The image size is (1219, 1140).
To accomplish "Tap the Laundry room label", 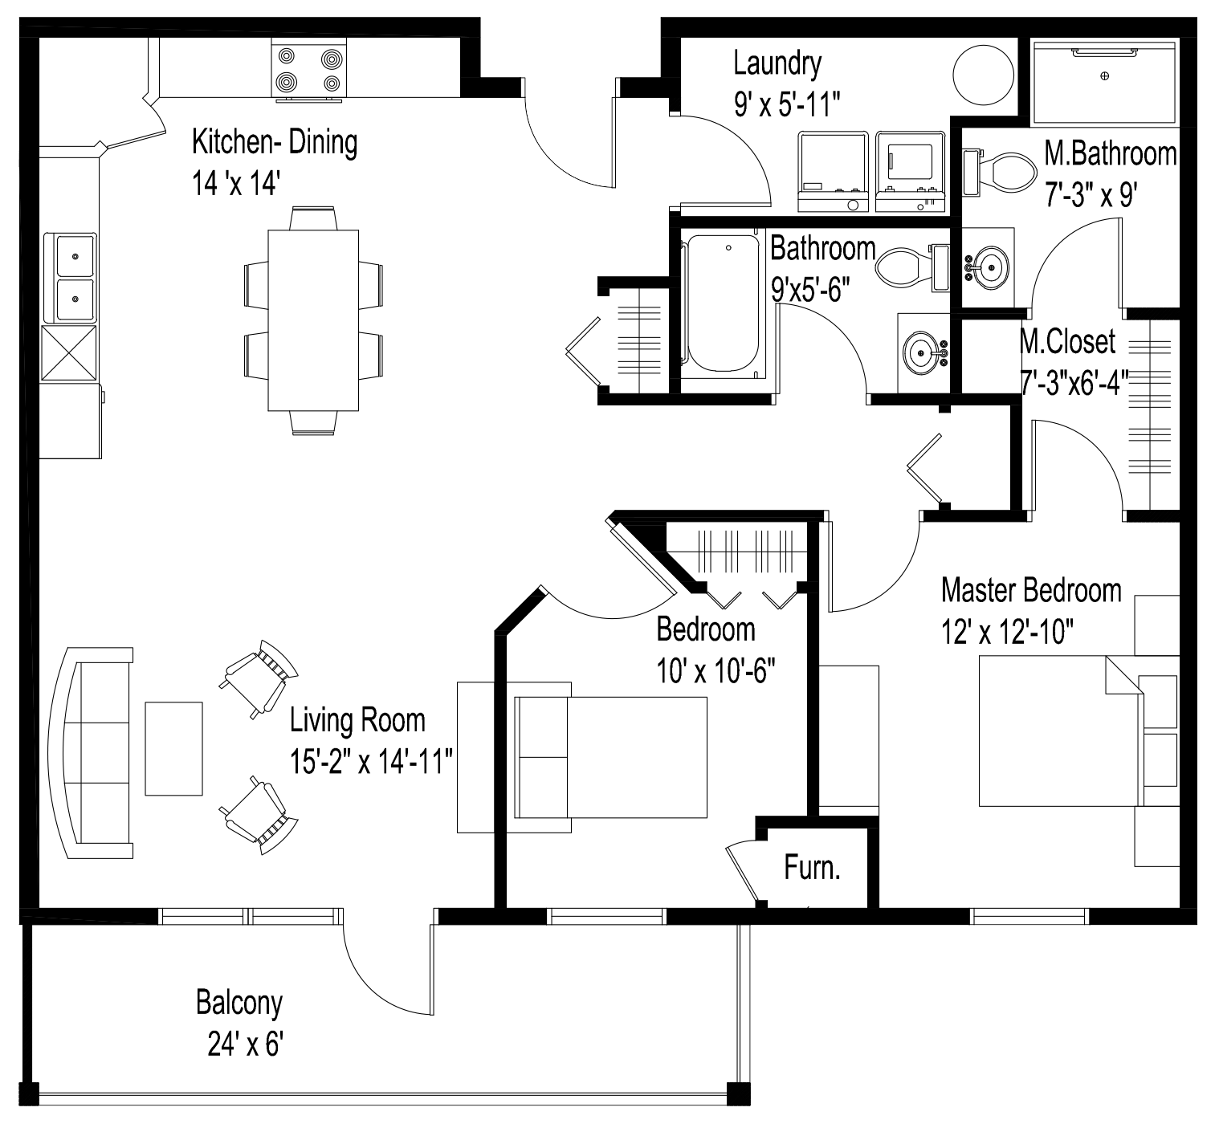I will click(777, 63).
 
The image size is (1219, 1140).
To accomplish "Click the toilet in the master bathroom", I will click(1004, 170).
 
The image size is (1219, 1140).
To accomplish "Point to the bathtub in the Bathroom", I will click(720, 302).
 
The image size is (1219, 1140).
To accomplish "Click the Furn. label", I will click(812, 868).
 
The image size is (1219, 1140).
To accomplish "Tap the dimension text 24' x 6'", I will click(245, 1044).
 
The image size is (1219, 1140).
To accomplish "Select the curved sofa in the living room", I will click(92, 753).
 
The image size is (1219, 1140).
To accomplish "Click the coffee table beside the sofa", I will click(173, 748).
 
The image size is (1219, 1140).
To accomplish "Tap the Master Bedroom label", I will click(1030, 591).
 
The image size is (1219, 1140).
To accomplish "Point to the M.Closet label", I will click(1067, 342).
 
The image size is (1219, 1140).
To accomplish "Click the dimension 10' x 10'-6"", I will click(715, 671).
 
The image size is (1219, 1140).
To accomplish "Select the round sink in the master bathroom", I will click(989, 267).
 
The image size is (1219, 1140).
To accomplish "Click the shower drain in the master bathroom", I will click(1105, 75).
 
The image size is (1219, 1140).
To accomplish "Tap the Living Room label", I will click(357, 720).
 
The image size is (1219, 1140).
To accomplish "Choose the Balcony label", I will click(239, 1003).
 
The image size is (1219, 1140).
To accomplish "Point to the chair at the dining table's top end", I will click(313, 218).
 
